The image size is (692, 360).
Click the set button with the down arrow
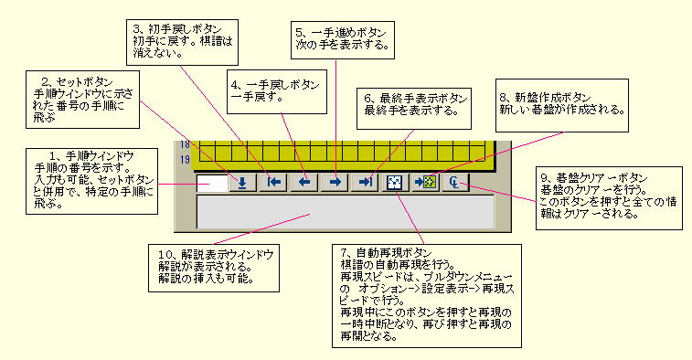tap(241, 182)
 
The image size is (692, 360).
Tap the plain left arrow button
tap(303, 182)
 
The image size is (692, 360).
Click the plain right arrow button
tap(335, 182)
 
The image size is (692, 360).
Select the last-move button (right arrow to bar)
tap(366, 182)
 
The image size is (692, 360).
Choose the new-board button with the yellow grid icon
tap(424, 182)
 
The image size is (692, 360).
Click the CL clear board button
tap(454, 182)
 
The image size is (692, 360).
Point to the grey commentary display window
tap(346, 211)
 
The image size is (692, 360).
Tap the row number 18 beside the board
tap(186, 144)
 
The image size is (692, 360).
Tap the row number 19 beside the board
tap(186, 160)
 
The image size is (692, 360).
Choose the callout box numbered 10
tap(218, 265)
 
